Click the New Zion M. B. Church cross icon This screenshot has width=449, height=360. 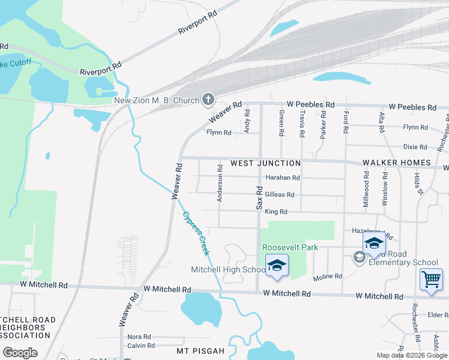[x=208, y=100]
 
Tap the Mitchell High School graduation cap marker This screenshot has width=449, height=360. [x=277, y=266]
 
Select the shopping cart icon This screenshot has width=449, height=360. [x=431, y=280]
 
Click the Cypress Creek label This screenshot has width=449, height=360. [x=196, y=233]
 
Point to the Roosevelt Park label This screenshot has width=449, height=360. [x=289, y=247]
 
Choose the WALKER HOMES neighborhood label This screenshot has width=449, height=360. [x=396, y=163]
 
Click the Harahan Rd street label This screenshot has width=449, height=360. [x=283, y=178]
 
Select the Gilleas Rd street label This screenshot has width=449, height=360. [x=280, y=194]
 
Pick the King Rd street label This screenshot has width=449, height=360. [x=276, y=212]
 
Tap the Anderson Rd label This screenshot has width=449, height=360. [x=220, y=184]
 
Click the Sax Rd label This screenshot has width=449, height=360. [x=260, y=197]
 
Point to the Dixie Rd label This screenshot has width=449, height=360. [x=415, y=146]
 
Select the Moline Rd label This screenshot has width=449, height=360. [x=328, y=277]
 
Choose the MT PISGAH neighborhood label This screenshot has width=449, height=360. [x=200, y=350]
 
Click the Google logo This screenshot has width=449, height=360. [x=20, y=353]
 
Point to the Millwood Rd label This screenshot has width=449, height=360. [x=366, y=190]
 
